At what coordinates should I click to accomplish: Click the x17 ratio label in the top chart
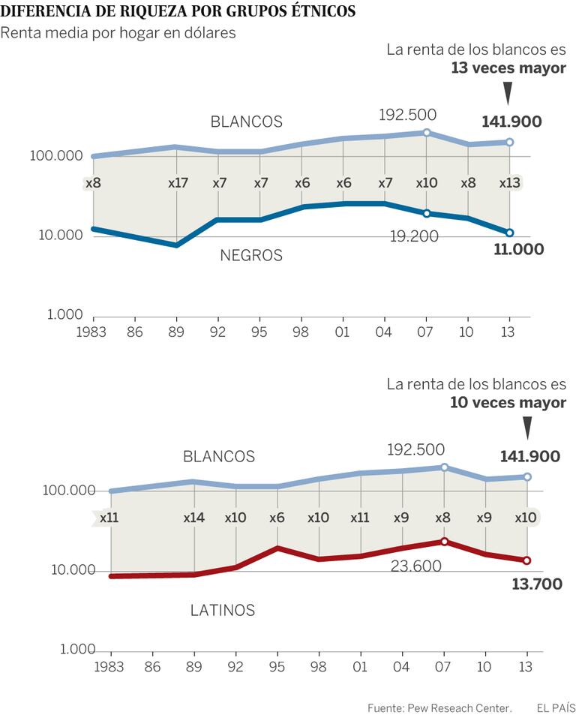[x=176, y=183]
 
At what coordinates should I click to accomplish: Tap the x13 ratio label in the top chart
[x=510, y=183]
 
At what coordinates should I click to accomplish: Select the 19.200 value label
[x=414, y=236]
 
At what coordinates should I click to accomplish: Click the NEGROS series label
[x=251, y=256]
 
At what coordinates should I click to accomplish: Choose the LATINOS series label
[x=222, y=610]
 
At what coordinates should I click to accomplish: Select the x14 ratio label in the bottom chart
[x=194, y=518]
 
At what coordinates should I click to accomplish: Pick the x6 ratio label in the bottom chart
[x=277, y=518]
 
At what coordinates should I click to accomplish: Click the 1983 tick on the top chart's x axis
[x=91, y=330]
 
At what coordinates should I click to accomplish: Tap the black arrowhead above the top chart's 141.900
[x=508, y=94]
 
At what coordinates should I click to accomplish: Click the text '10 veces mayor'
[x=508, y=403]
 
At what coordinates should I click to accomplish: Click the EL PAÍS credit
[x=556, y=708]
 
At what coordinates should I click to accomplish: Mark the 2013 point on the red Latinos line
[x=527, y=560]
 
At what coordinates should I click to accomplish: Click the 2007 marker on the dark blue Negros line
[x=427, y=214]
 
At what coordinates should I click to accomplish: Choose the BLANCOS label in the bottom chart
[x=219, y=456]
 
